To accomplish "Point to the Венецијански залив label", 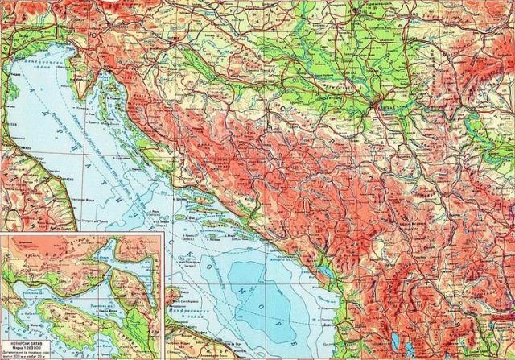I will pos(40,60).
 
